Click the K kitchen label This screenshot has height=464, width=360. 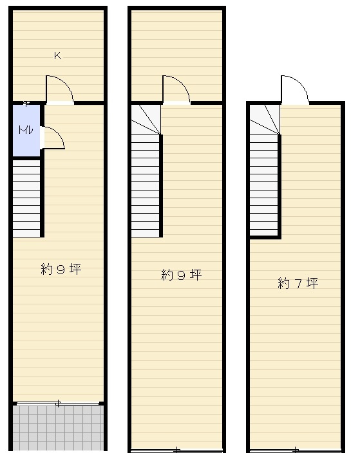(57, 56)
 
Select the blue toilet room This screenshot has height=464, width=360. (26, 138)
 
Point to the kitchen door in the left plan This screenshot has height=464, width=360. (59, 90)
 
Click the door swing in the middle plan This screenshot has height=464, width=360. (176, 90)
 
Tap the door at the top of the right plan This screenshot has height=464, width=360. (294, 90)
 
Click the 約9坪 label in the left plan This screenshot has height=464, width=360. (61, 270)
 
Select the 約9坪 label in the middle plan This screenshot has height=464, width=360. (181, 275)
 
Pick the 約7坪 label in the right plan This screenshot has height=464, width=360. (298, 283)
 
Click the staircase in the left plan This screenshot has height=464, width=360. (27, 197)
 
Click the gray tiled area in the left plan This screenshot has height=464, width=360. (58, 427)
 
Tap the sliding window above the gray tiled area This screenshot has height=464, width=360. (58, 404)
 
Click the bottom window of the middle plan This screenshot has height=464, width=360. (176, 449)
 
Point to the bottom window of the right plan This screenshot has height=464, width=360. (295, 449)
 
